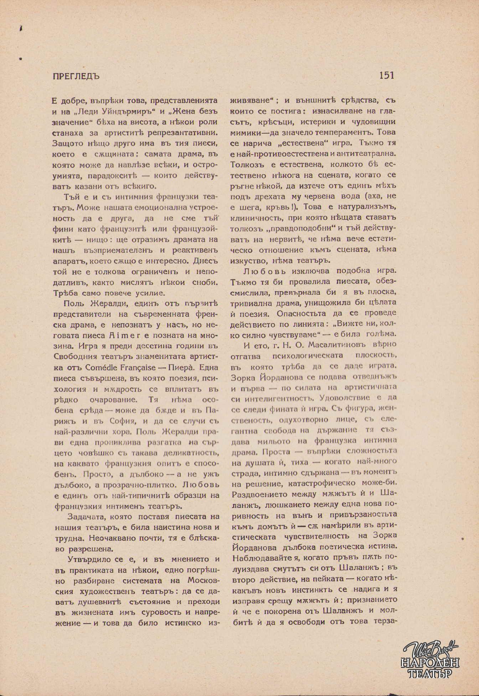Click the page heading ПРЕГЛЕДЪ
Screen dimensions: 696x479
[x=75, y=76]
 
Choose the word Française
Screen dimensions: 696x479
[x=137, y=367]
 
